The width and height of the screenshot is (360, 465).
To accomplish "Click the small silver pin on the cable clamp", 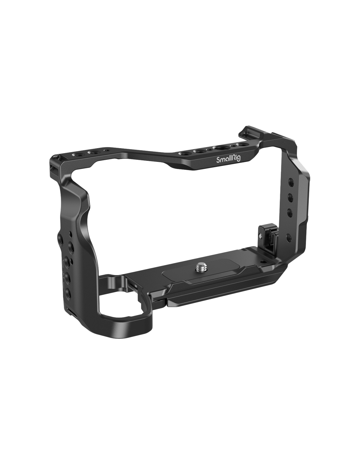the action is [x=260, y=236].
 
